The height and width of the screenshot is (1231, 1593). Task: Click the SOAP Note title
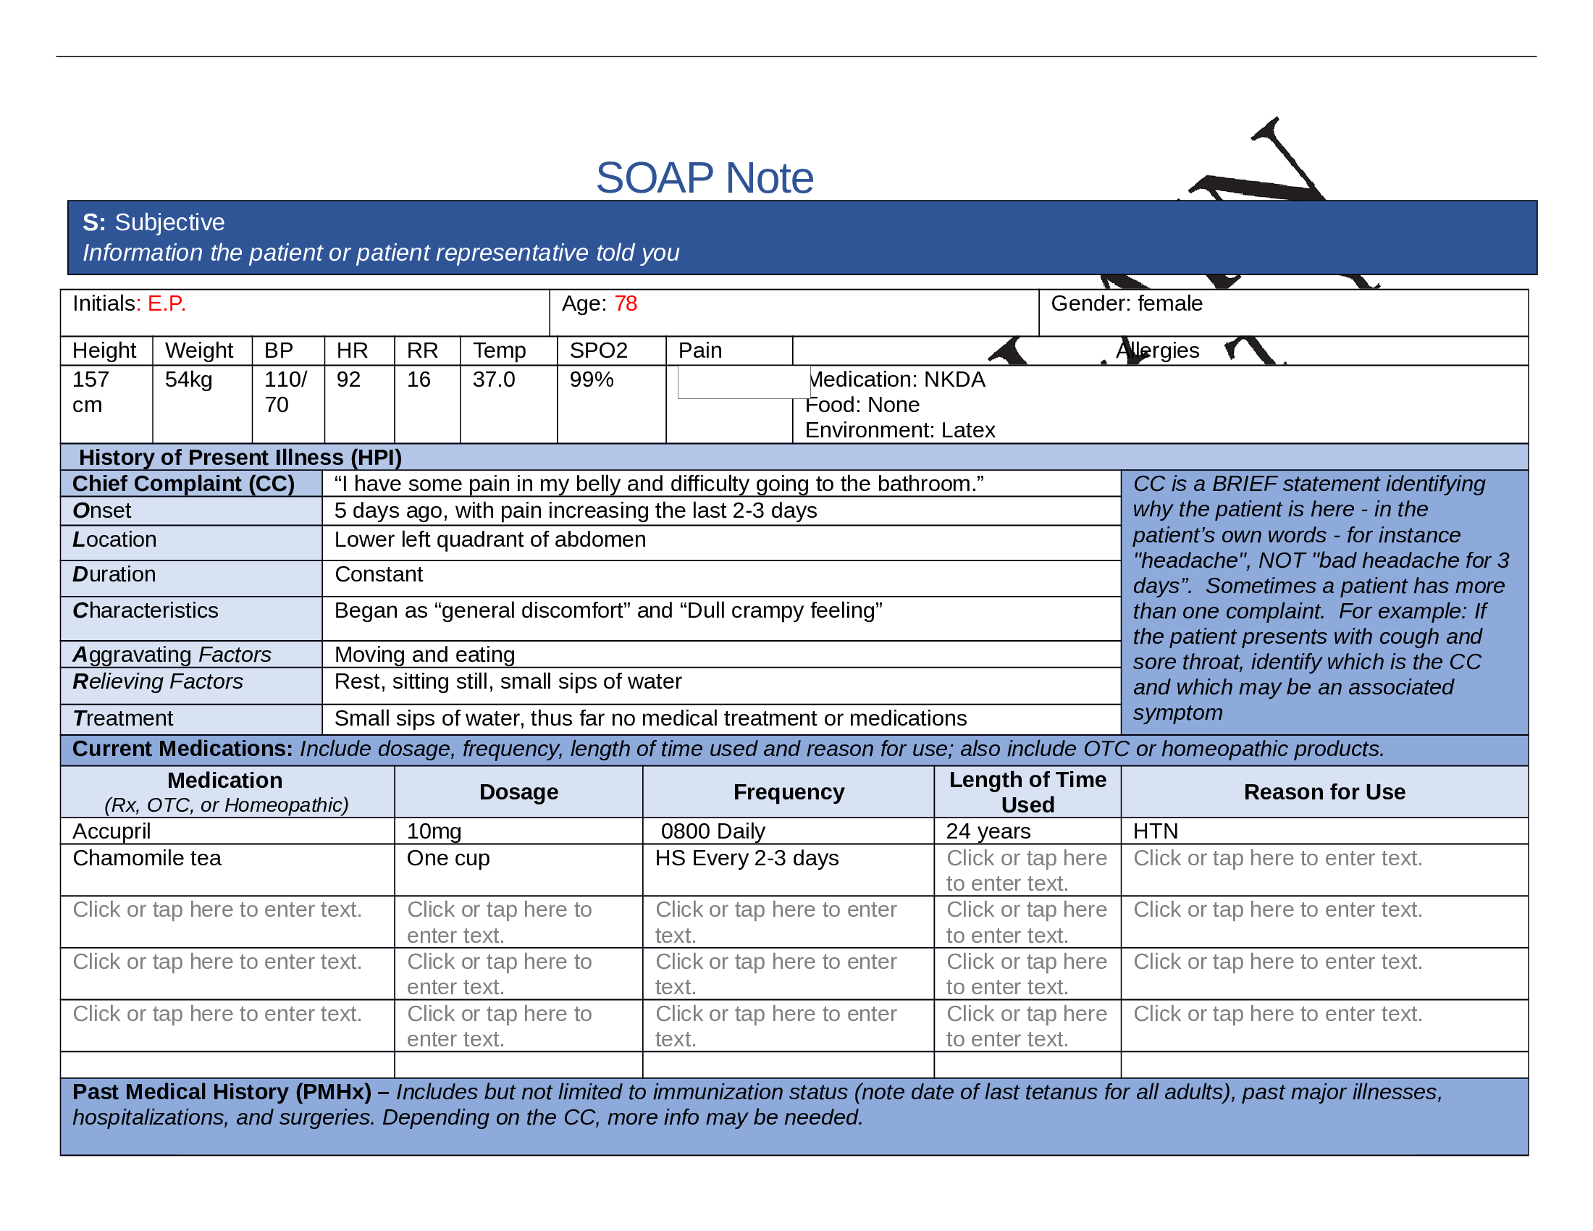click(x=704, y=177)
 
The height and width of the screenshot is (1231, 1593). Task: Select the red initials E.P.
click(x=167, y=303)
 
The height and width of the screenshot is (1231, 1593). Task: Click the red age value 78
click(x=625, y=303)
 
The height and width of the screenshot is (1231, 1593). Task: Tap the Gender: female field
click(x=1125, y=303)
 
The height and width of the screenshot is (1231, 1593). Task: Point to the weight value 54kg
click(x=188, y=379)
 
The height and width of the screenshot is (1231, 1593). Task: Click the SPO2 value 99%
click(x=591, y=379)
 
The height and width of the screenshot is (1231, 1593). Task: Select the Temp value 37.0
click(x=493, y=379)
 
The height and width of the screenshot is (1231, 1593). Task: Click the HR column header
click(x=352, y=350)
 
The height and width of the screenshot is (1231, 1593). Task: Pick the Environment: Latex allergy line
click(x=899, y=430)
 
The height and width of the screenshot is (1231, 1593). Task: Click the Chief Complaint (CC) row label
click(x=183, y=484)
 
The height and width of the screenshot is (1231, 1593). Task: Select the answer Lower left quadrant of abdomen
click(x=489, y=539)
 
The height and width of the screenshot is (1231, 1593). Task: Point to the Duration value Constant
click(x=379, y=575)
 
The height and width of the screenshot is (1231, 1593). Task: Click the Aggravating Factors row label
click(x=172, y=655)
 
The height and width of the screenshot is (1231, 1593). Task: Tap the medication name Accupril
click(x=112, y=831)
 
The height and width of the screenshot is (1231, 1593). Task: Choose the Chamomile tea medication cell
click(x=146, y=858)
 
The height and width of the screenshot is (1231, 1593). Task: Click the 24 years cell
click(x=988, y=831)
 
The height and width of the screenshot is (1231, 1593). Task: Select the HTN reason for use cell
click(x=1155, y=831)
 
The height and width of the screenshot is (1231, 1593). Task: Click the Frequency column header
click(x=788, y=792)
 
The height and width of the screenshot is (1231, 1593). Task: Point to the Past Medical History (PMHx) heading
click(x=222, y=1092)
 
